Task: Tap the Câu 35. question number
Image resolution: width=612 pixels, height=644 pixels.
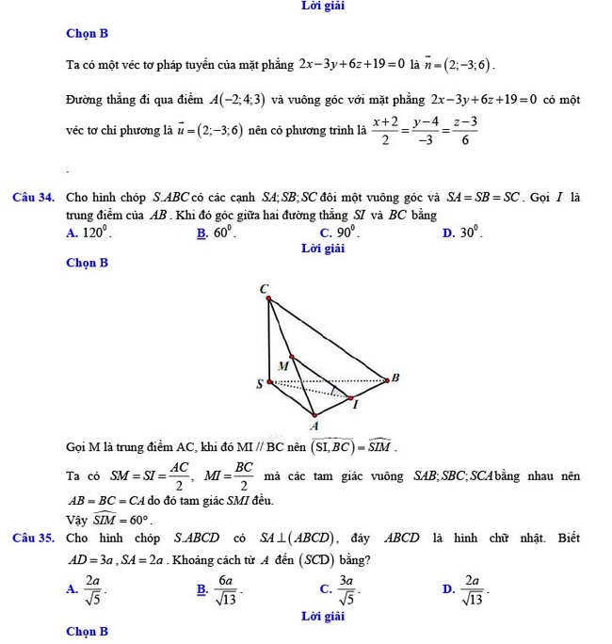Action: click(x=32, y=539)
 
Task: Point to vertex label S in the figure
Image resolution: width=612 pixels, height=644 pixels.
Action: click(x=260, y=383)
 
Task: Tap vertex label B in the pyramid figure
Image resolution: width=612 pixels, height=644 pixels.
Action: click(x=395, y=378)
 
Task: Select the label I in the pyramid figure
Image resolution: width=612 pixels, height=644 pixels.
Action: click(x=355, y=405)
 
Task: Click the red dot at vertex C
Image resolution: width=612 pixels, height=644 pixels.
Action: click(x=269, y=300)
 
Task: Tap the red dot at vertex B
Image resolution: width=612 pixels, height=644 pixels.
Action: click(x=385, y=380)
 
